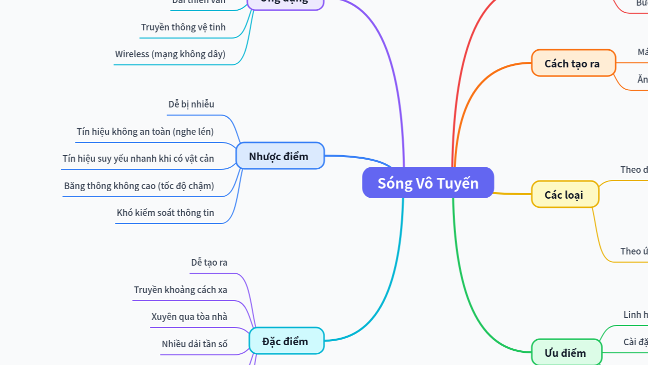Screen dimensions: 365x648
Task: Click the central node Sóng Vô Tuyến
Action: point(428,182)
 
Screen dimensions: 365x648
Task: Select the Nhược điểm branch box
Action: point(279,156)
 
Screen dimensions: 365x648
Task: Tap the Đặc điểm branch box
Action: point(286,341)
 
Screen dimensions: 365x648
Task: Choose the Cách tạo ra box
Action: point(573,63)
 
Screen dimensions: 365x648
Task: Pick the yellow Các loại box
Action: point(564,195)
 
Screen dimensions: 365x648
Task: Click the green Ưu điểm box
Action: point(566,353)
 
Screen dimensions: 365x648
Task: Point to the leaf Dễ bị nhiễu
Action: point(191,104)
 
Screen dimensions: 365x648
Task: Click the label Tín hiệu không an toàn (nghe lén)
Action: point(145,132)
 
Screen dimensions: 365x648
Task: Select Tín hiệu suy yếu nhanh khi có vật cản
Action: point(138,159)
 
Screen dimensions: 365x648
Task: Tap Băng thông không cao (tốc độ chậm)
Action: point(139,186)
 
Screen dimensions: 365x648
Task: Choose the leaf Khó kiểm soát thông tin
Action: point(166,213)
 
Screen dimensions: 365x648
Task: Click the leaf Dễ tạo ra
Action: point(209,263)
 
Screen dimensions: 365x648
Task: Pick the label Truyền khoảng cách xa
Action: point(181,290)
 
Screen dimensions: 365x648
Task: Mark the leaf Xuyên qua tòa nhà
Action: point(189,317)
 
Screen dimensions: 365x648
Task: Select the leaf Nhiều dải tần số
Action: point(195,344)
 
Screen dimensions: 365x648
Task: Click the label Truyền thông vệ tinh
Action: point(183,27)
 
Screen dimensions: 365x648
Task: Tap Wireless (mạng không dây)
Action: point(170,54)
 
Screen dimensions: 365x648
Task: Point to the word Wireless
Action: point(132,54)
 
